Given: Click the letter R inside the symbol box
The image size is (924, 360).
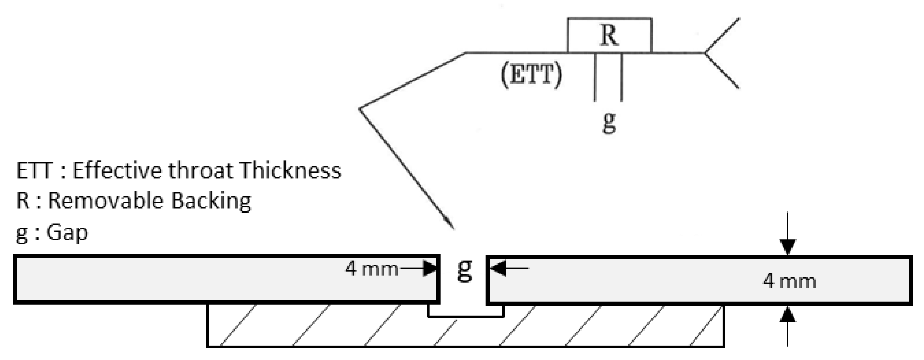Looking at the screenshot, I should click(609, 36).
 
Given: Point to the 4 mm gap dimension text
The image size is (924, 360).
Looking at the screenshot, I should click(371, 269).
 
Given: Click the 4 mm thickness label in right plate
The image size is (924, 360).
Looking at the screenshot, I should click(789, 282).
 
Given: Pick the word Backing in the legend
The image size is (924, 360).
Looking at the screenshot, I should click(211, 201).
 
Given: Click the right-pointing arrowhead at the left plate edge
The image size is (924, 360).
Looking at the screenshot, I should click(430, 268).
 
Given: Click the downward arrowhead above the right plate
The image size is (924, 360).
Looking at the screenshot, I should click(787, 247).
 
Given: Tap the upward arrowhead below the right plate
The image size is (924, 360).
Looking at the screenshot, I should click(787, 314).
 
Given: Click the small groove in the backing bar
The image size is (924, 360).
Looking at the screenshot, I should click(466, 311).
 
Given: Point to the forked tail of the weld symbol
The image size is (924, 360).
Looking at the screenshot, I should click(721, 53).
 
